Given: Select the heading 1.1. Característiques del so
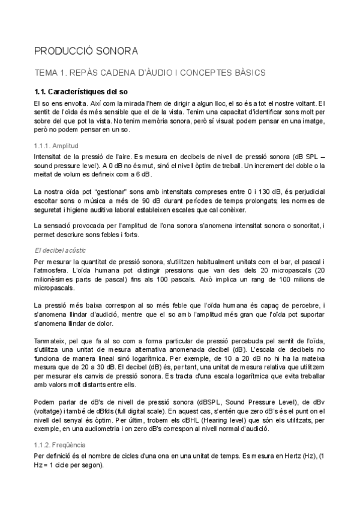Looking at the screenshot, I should coord(81,92).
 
